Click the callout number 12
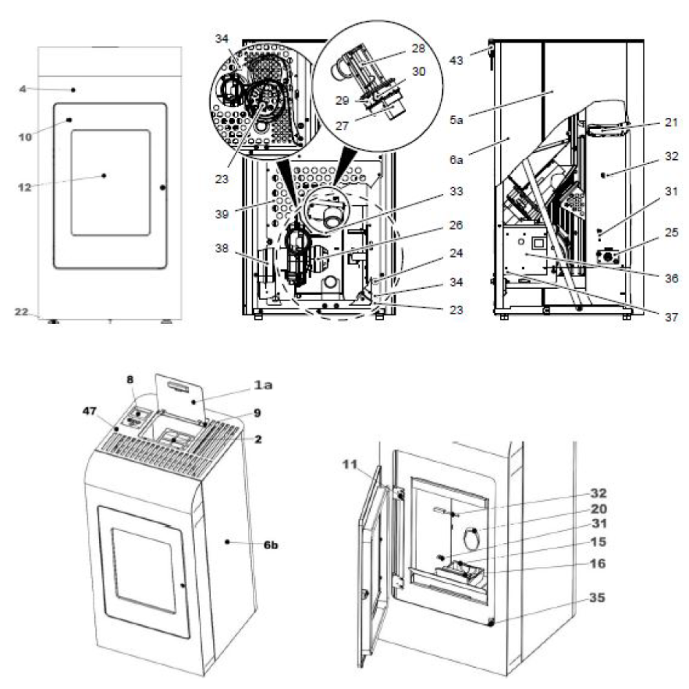point(25,187)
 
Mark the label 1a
point(264,385)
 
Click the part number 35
point(597,598)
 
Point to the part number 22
point(22,312)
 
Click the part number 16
point(597,564)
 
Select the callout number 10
point(25,137)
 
